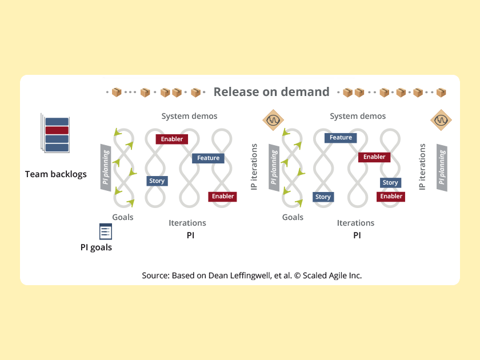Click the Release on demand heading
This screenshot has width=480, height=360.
tap(271, 92)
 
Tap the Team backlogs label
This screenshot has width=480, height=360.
tap(56, 174)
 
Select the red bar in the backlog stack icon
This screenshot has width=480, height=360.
tap(57, 130)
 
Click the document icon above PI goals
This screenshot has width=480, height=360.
tap(106, 231)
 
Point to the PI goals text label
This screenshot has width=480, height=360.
tap(96, 247)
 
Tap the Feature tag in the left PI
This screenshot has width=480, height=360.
tap(209, 158)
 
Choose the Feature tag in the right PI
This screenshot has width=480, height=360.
tap(341, 138)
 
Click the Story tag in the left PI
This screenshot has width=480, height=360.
tap(157, 181)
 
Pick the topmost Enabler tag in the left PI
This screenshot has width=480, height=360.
tap(172, 139)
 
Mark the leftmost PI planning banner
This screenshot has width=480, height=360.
tap(105, 167)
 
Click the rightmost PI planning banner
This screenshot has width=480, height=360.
tap(441, 167)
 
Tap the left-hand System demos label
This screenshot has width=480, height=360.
tap(189, 116)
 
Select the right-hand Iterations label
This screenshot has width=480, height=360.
tap(355, 223)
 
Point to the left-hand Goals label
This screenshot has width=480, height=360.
tap(123, 217)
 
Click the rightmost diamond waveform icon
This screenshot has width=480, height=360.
tap(441, 121)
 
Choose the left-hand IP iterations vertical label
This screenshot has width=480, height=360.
tap(254, 167)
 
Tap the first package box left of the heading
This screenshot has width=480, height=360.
tap(117, 93)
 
